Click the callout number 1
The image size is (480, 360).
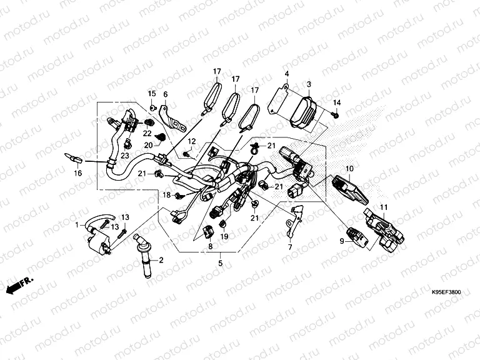pos(77,224)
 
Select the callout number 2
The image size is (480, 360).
pos(161,259)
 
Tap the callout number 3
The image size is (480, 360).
pos(308,84)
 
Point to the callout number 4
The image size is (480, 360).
pos(286,75)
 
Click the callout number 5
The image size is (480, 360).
pos(219,264)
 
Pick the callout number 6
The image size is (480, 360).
pos(166,94)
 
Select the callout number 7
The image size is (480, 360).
pos(289,248)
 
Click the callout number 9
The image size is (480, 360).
pos(342,241)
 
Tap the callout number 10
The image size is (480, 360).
pos(350,169)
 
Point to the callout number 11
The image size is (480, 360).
pos(384,207)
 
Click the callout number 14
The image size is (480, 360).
pos(336,102)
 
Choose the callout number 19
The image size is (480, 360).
pos(224,237)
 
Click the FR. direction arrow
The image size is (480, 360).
pos(19,285)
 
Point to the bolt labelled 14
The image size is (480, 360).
pos(336,115)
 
